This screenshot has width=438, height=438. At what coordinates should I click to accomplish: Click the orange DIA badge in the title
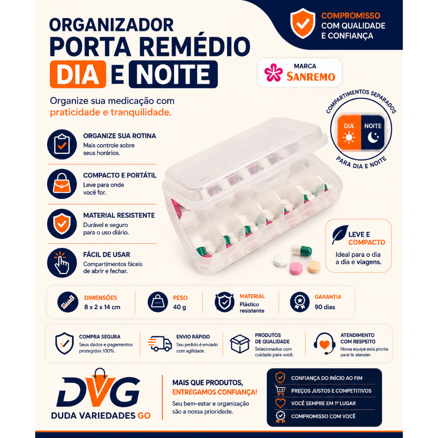(78, 74)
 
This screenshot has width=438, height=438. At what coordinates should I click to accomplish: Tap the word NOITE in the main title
(173, 74)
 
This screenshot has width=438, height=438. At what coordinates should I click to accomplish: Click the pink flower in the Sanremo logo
(273, 73)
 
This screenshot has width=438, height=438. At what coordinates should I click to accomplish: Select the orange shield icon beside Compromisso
(303, 24)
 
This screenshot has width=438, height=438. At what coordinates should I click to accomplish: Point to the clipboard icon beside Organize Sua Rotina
(62, 145)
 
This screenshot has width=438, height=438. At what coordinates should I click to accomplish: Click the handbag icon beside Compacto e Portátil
(62, 183)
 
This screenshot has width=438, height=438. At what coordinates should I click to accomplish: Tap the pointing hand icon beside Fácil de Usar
(62, 263)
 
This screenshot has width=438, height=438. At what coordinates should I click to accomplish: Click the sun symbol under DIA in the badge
(349, 138)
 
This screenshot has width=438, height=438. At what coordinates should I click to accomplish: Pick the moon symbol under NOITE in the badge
(373, 137)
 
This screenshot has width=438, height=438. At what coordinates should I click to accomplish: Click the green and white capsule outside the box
(301, 250)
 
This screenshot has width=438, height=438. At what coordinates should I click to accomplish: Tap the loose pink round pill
(296, 268)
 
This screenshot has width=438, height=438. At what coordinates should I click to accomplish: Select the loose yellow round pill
(314, 266)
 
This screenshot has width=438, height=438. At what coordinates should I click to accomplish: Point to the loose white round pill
(280, 260)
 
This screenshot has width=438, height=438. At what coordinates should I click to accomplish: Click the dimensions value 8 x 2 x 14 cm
(102, 307)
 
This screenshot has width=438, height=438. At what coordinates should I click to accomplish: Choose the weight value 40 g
(179, 307)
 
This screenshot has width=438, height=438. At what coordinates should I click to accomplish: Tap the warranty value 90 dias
(325, 307)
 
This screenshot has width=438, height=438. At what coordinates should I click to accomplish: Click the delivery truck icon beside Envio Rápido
(160, 343)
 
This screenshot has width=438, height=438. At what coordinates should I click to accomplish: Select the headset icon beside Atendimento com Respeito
(324, 343)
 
